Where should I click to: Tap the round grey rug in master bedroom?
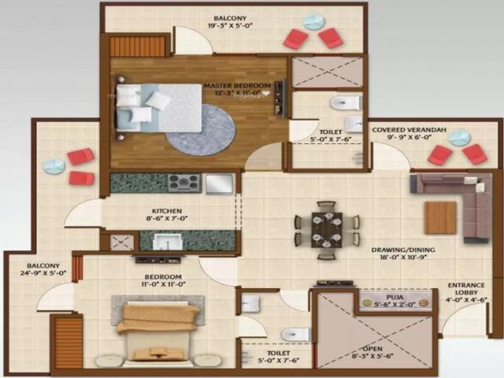[200, 130]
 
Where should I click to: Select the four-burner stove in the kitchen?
[184, 183]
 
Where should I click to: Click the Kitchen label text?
[167, 211]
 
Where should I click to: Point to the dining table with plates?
[326, 229]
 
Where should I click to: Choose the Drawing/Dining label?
[403, 250]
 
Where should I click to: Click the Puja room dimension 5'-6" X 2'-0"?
[396, 305]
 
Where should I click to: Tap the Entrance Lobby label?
[466, 285]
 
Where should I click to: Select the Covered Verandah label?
[403, 130]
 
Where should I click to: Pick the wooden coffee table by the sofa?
[440, 218]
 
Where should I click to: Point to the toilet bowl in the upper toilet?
[345, 102]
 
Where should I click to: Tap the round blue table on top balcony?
[314, 21]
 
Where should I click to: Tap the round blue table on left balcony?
[54, 166]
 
